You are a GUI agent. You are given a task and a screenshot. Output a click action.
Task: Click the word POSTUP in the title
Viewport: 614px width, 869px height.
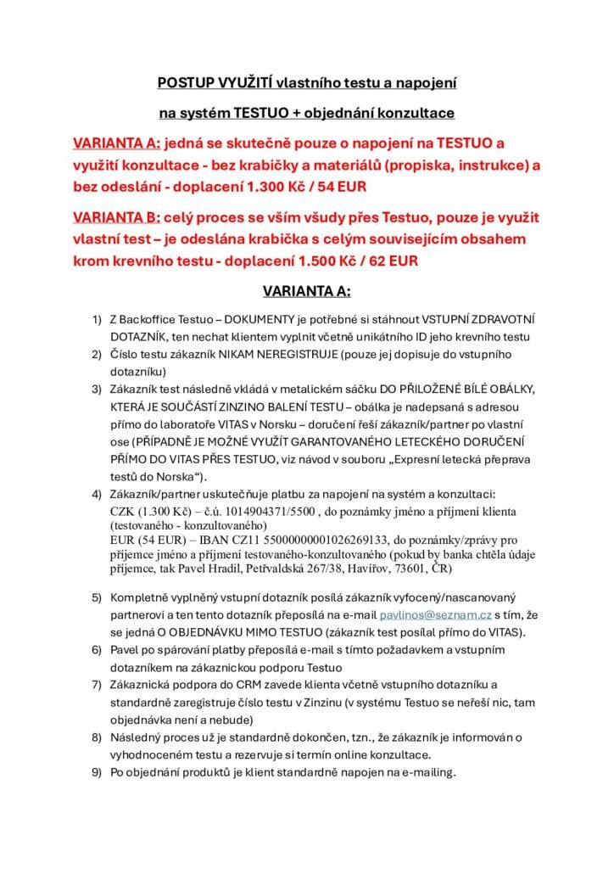tap(182, 83)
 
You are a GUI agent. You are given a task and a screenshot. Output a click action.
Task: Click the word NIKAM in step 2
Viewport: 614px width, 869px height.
tap(232, 354)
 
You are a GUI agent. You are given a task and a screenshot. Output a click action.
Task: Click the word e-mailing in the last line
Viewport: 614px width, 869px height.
tap(427, 772)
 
